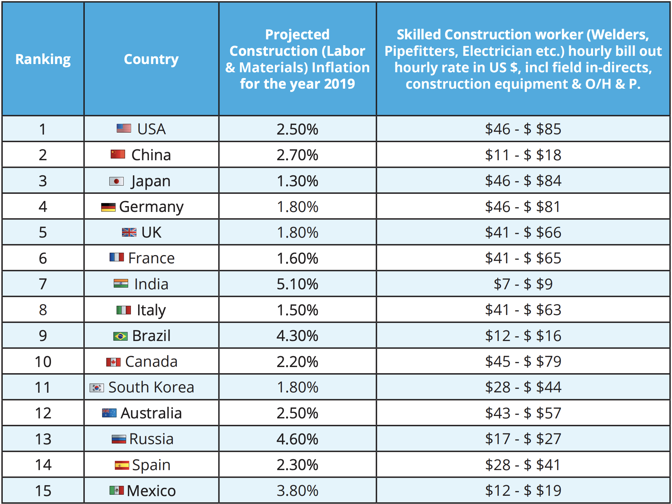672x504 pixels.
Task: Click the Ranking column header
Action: click(x=43, y=59)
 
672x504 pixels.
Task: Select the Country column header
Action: click(x=151, y=59)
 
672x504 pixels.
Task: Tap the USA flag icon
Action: click(x=124, y=128)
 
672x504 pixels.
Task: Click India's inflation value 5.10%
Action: click(x=297, y=284)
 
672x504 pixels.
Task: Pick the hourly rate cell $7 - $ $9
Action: click(x=523, y=284)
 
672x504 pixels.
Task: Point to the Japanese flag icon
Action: click(x=116, y=181)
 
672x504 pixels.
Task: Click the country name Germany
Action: click(x=151, y=207)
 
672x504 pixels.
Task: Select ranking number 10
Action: click(x=43, y=362)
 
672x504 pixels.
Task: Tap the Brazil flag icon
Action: click(x=120, y=336)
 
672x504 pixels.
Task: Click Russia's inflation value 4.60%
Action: click(x=297, y=439)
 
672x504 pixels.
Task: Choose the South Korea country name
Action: click(x=151, y=387)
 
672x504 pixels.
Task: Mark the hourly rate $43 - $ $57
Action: click(x=523, y=413)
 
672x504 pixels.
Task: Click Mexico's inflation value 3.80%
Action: click(x=297, y=491)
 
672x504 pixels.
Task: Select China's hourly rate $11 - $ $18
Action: click(x=523, y=155)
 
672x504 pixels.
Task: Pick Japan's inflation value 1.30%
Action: click(x=297, y=181)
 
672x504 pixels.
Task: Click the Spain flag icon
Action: click(x=122, y=465)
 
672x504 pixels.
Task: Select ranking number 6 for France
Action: click(x=43, y=258)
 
